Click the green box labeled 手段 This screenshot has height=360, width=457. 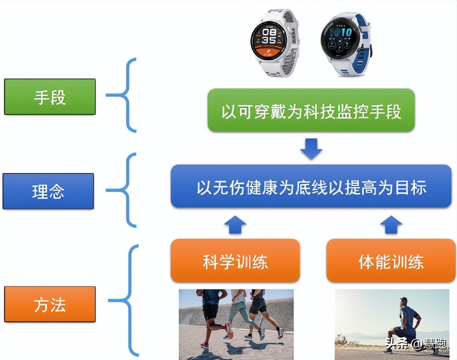50,97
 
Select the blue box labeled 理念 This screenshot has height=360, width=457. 48,191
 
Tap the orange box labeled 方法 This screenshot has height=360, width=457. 50,304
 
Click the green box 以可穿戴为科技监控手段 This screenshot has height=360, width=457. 311,110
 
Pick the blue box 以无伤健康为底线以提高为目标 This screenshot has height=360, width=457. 311,186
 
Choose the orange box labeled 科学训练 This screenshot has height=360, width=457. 235,261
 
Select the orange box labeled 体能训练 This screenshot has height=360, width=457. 391,261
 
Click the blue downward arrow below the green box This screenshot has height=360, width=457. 311,149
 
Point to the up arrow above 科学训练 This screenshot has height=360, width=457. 235,225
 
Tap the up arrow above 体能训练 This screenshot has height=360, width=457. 391,225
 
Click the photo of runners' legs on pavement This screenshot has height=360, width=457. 236,324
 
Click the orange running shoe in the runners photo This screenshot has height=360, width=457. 229,330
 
